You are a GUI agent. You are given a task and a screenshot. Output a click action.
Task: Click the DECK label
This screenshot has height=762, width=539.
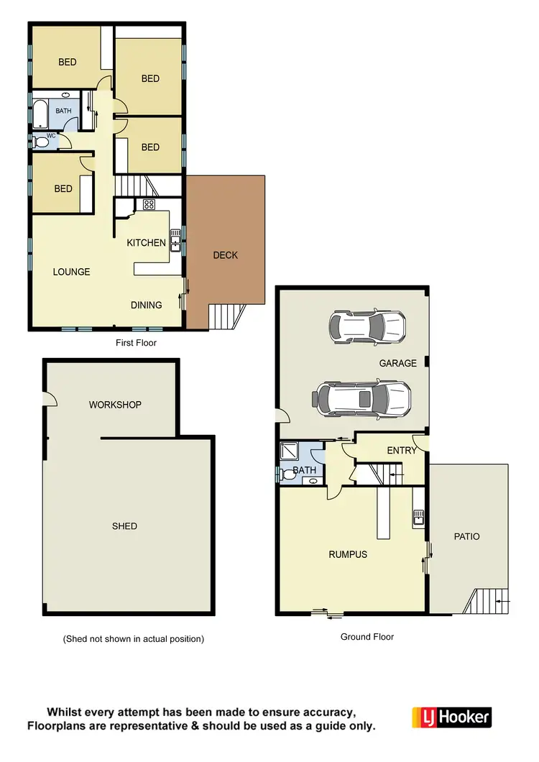(x=225, y=255)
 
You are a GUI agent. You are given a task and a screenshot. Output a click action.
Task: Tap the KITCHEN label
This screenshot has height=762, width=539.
(x=146, y=243)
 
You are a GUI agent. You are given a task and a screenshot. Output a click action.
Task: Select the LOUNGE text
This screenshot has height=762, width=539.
(x=71, y=272)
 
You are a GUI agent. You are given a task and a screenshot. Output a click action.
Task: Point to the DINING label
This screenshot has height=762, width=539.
(x=146, y=305)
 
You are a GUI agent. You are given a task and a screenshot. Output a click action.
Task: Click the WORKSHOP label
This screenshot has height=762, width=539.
(x=115, y=405)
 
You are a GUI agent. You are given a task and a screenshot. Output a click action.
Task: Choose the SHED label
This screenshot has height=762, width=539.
(x=124, y=526)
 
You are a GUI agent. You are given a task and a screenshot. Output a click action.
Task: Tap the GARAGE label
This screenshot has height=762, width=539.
(x=397, y=363)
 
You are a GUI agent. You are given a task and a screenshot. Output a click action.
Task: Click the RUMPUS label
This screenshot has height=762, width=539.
(x=348, y=554)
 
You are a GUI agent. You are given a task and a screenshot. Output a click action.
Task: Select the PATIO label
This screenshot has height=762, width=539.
(x=466, y=536)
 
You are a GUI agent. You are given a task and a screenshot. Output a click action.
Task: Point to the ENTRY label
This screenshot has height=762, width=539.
(x=401, y=451)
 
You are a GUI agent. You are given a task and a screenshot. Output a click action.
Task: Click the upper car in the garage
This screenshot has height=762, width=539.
(x=367, y=326)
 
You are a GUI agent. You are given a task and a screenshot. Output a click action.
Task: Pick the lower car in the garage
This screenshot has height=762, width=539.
(x=362, y=399)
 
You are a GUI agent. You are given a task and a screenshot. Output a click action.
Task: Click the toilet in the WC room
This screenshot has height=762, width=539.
(x=41, y=142)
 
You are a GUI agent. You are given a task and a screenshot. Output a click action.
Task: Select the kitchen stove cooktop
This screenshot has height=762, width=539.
(x=149, y=205)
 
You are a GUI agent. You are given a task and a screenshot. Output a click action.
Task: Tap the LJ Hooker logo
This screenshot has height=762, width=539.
(x=451, y=717)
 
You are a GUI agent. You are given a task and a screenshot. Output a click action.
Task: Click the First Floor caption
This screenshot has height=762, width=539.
(x=136, y=343)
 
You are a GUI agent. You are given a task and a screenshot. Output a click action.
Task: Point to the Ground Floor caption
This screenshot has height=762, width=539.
(x=367, y=636)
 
